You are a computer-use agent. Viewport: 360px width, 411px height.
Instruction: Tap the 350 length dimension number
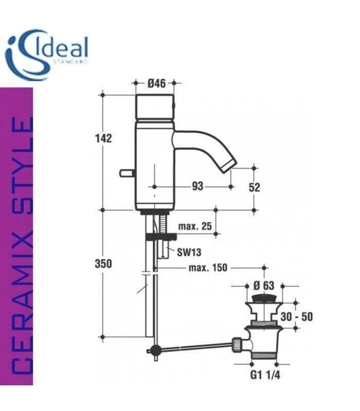pos(103,264)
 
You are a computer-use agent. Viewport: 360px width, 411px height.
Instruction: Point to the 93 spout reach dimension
pos(197,186)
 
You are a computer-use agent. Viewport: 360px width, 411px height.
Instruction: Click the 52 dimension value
pos(254,188)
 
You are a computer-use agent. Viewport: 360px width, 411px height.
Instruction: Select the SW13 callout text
pos(189,252)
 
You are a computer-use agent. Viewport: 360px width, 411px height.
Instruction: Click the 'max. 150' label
pos(208,268)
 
